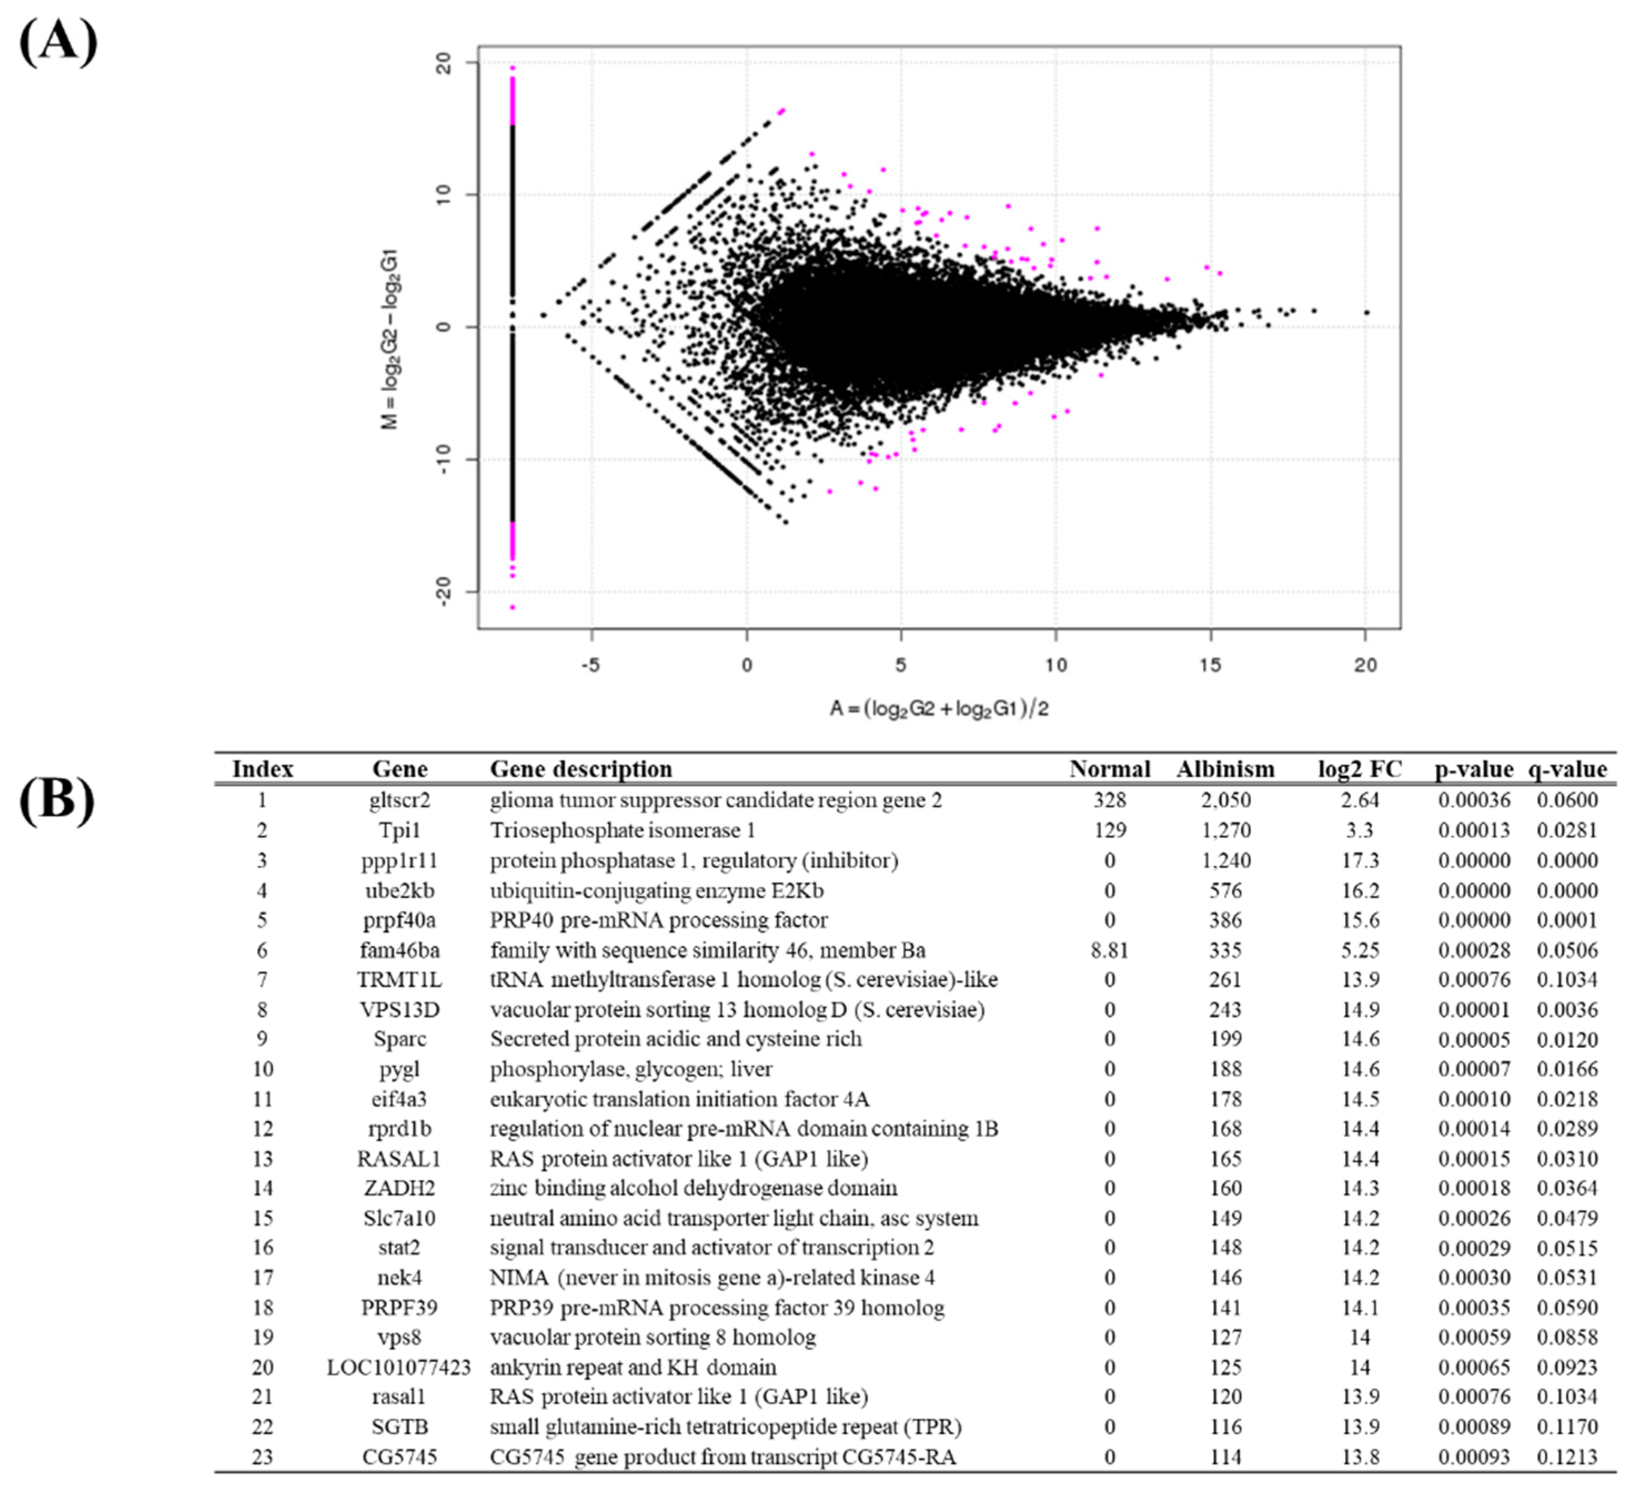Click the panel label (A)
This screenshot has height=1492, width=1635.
(58, 42)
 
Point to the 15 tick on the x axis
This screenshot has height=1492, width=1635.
(1210, 666)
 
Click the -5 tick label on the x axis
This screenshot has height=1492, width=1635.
(591, 666)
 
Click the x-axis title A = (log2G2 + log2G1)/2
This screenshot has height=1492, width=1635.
(938, 709)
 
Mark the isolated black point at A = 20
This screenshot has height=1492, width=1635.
(1366, 312)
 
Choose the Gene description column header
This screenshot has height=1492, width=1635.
(581, 769)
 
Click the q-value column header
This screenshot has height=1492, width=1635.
(1567, 769)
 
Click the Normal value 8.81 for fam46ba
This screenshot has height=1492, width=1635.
(1109, 950)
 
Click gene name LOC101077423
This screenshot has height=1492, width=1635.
(399, 1368)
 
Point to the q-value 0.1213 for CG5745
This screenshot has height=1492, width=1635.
(1567, 1457)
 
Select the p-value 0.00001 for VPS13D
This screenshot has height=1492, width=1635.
(1473, 1010)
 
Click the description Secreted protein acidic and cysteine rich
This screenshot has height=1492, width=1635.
(675, 1039)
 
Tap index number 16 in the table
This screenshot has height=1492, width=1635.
(262, 1248)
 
